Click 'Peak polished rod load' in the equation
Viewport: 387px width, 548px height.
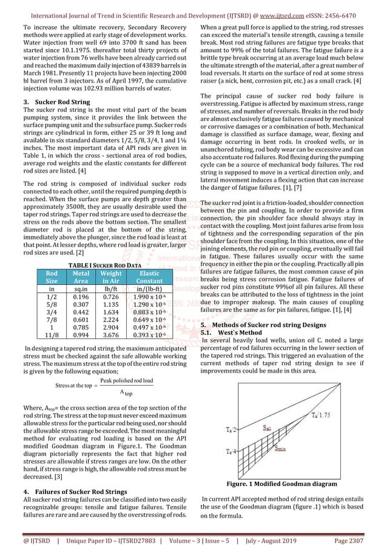[126, 380]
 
